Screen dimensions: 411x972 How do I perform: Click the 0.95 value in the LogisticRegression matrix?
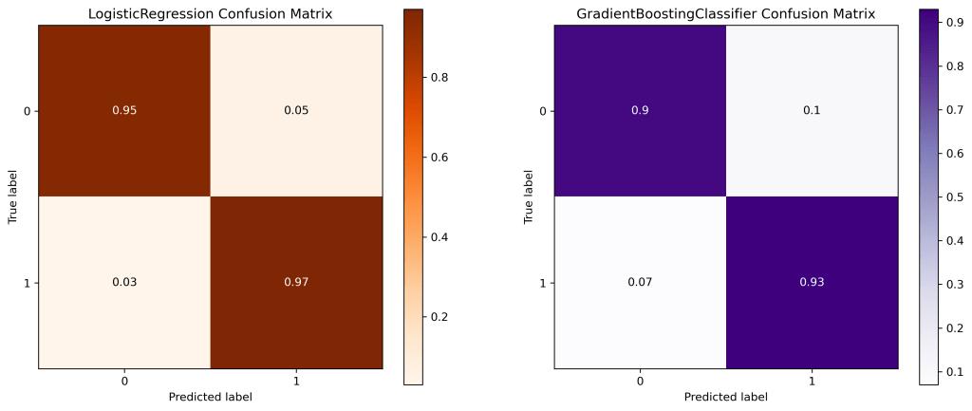[124, 111]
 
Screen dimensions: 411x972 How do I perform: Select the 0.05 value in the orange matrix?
[296, 111]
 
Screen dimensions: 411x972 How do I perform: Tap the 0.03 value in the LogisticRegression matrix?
[124, 283]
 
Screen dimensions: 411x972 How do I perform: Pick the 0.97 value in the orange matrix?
[296, 283]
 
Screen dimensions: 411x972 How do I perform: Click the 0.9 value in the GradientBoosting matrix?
[640, 111]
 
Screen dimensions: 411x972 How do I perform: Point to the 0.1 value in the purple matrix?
[812, 111]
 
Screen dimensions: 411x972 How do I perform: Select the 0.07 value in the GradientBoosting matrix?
[640, 283]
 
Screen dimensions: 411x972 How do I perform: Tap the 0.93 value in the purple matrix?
[812, 283]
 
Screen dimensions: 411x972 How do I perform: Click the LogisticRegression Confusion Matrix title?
[210, 14]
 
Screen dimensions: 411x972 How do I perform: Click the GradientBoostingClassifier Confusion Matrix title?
[725, 14]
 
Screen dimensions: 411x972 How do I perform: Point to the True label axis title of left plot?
[13, 197]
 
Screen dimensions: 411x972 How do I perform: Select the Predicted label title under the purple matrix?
[725, 397]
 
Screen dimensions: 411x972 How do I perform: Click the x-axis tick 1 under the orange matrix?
[296, 381]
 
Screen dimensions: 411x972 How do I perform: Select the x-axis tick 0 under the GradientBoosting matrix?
[640, 381]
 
